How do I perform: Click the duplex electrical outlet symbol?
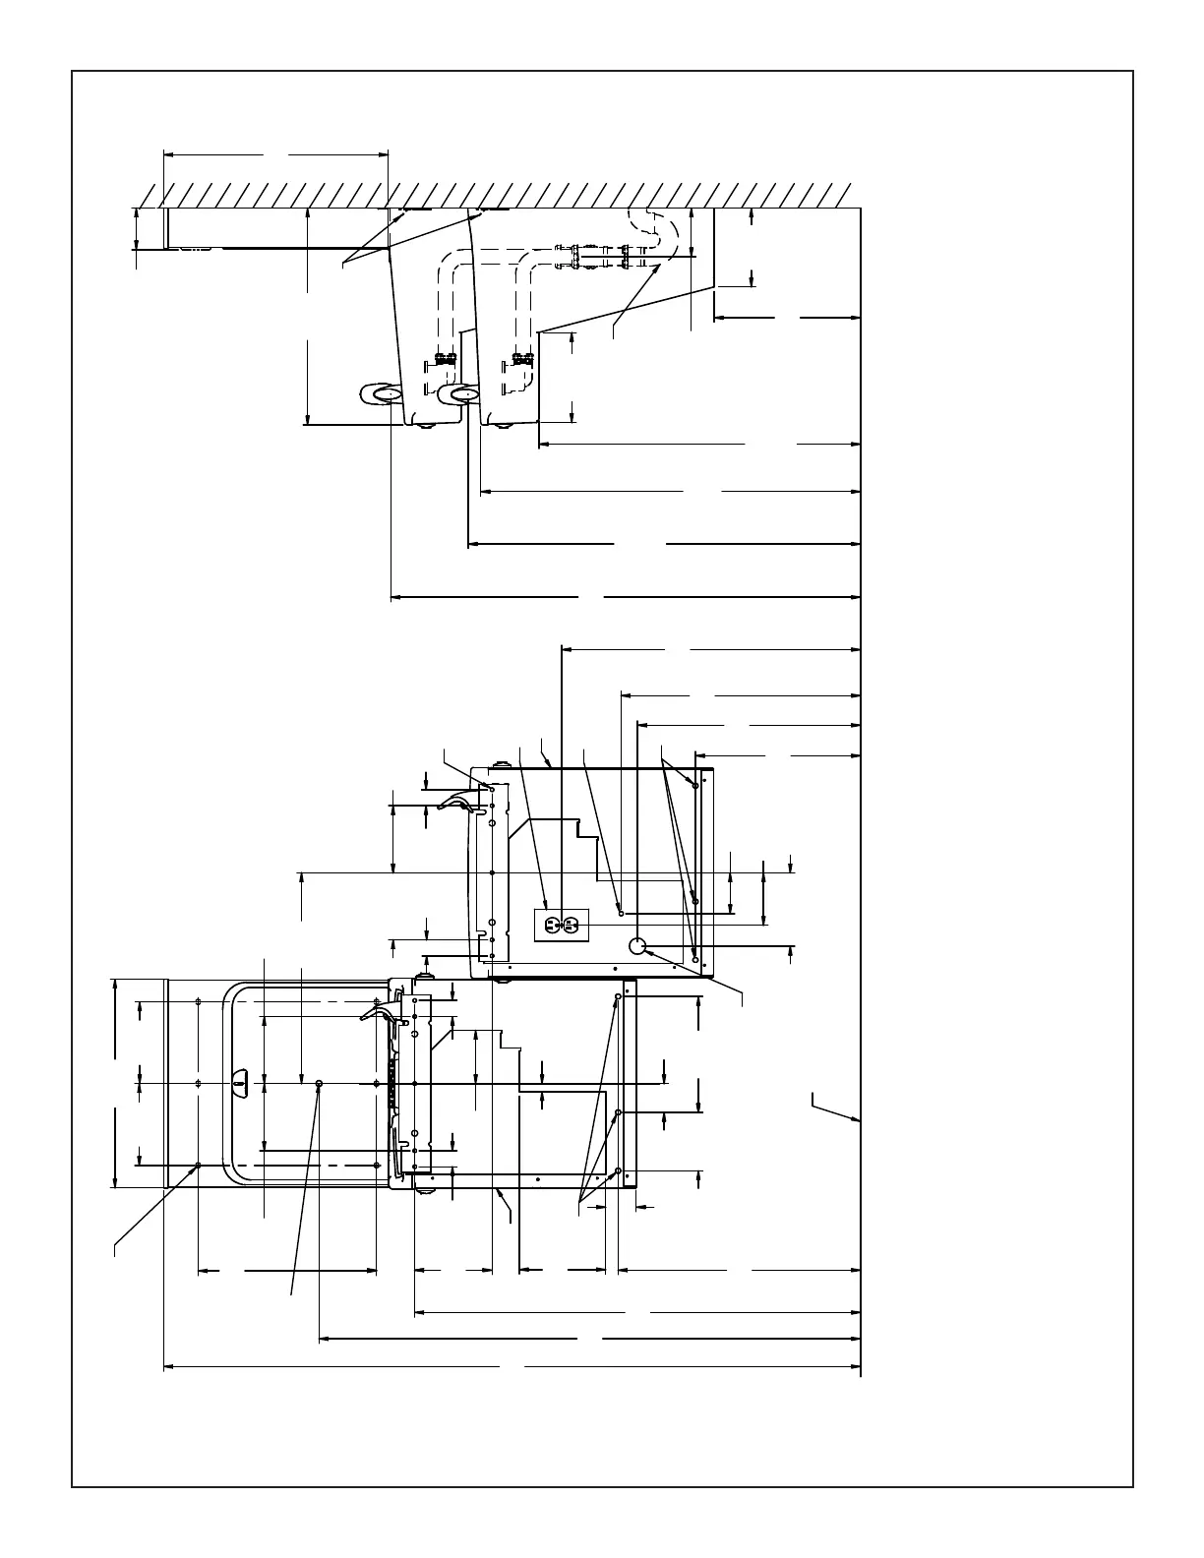(561, 925)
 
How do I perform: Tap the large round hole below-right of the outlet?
(637, 946)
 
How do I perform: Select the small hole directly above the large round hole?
(621, 914)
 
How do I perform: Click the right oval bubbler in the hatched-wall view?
(459, 394)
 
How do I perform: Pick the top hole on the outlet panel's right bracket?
(695, 785)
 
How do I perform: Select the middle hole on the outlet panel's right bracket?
(695, 901)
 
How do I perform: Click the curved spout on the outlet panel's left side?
(454, 802)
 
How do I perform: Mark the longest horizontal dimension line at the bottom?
(512, 1366)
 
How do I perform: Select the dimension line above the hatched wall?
(275, 154)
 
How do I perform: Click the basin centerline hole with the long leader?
(320, 1082)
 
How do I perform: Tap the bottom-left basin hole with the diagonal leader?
(199, 1165)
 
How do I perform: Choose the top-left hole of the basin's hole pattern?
(199, 1001)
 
